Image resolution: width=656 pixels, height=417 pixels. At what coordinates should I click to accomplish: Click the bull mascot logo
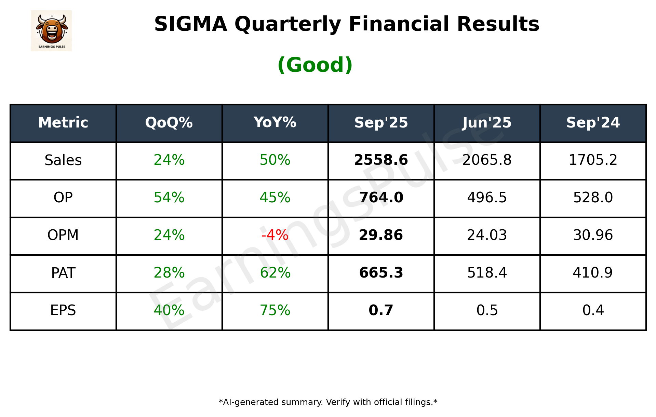point(51,30)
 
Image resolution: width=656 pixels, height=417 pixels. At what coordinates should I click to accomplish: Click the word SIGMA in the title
point(190,24)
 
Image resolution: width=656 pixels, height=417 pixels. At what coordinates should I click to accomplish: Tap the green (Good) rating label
point(315,65)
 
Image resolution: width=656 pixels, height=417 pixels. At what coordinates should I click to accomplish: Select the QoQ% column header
point(169,123)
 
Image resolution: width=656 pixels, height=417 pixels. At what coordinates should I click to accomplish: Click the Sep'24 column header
point(593,123)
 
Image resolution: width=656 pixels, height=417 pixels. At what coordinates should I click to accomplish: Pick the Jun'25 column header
point(487,123)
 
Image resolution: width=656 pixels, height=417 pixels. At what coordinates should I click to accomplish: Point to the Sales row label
point(63,160)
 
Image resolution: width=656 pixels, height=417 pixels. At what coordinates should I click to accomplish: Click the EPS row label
point(63,311)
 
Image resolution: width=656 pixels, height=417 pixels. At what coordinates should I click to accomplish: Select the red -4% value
point(275,236)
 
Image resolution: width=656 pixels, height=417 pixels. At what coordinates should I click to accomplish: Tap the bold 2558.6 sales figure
point(381,160)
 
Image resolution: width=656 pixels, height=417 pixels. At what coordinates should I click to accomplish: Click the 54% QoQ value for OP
point(169,198)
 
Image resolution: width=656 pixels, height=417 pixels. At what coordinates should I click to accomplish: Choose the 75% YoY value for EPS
point(275,311)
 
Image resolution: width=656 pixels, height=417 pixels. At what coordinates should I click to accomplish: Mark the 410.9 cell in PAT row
point(593,273)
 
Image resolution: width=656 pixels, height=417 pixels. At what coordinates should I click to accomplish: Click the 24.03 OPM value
point(487,236)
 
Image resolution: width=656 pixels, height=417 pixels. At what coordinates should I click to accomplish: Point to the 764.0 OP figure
point(381,198)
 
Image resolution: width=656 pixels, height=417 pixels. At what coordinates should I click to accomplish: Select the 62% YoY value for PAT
point(275,273)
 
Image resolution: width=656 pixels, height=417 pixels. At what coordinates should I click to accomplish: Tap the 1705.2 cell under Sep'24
point(593,160)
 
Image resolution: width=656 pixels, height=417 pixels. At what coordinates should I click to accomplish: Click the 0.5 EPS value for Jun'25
point(487,311)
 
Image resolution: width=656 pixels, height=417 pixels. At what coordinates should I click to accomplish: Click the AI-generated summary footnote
point(328,402)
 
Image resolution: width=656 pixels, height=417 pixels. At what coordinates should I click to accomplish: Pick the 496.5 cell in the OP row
point(487,198)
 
